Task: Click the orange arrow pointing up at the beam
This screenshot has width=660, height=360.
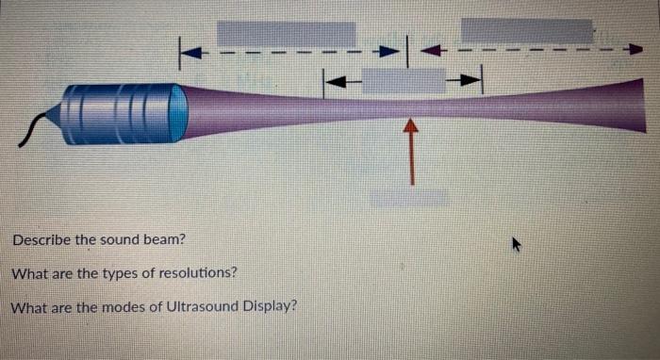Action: point(411,151)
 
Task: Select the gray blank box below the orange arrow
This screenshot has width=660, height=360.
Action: point(409,197)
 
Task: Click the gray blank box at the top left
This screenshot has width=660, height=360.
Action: point(287,34)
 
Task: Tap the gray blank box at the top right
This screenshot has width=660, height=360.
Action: point(526,31)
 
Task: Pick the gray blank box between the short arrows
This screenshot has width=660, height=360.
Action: point(404,81)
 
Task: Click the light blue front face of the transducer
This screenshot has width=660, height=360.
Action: point(177,112)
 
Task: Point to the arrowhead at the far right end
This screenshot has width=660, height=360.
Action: point(635,47)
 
